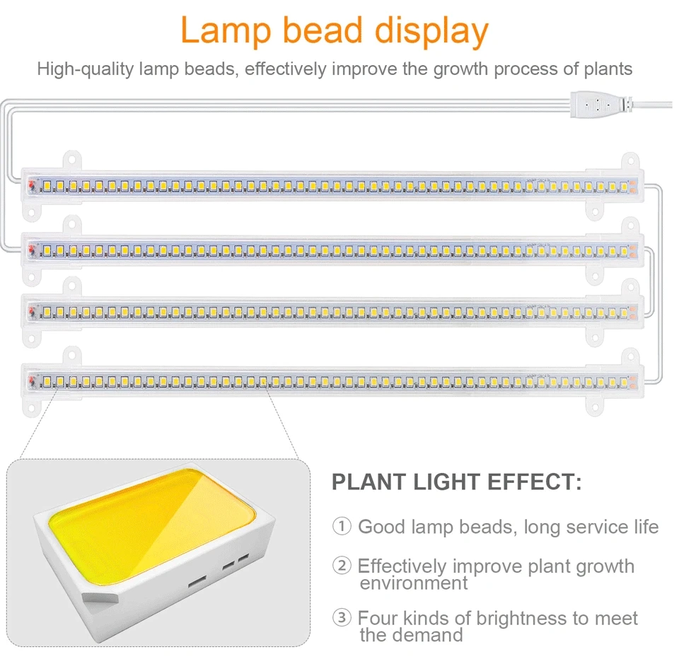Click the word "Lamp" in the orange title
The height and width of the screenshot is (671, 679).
[226, 30]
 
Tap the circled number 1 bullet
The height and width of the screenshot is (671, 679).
[342, 527]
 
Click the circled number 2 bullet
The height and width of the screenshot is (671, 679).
[342, 566]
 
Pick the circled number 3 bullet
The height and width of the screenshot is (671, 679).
[342, 618]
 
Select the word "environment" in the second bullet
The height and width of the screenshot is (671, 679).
[413, 583]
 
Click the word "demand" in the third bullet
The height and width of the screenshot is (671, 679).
[428, 635]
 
